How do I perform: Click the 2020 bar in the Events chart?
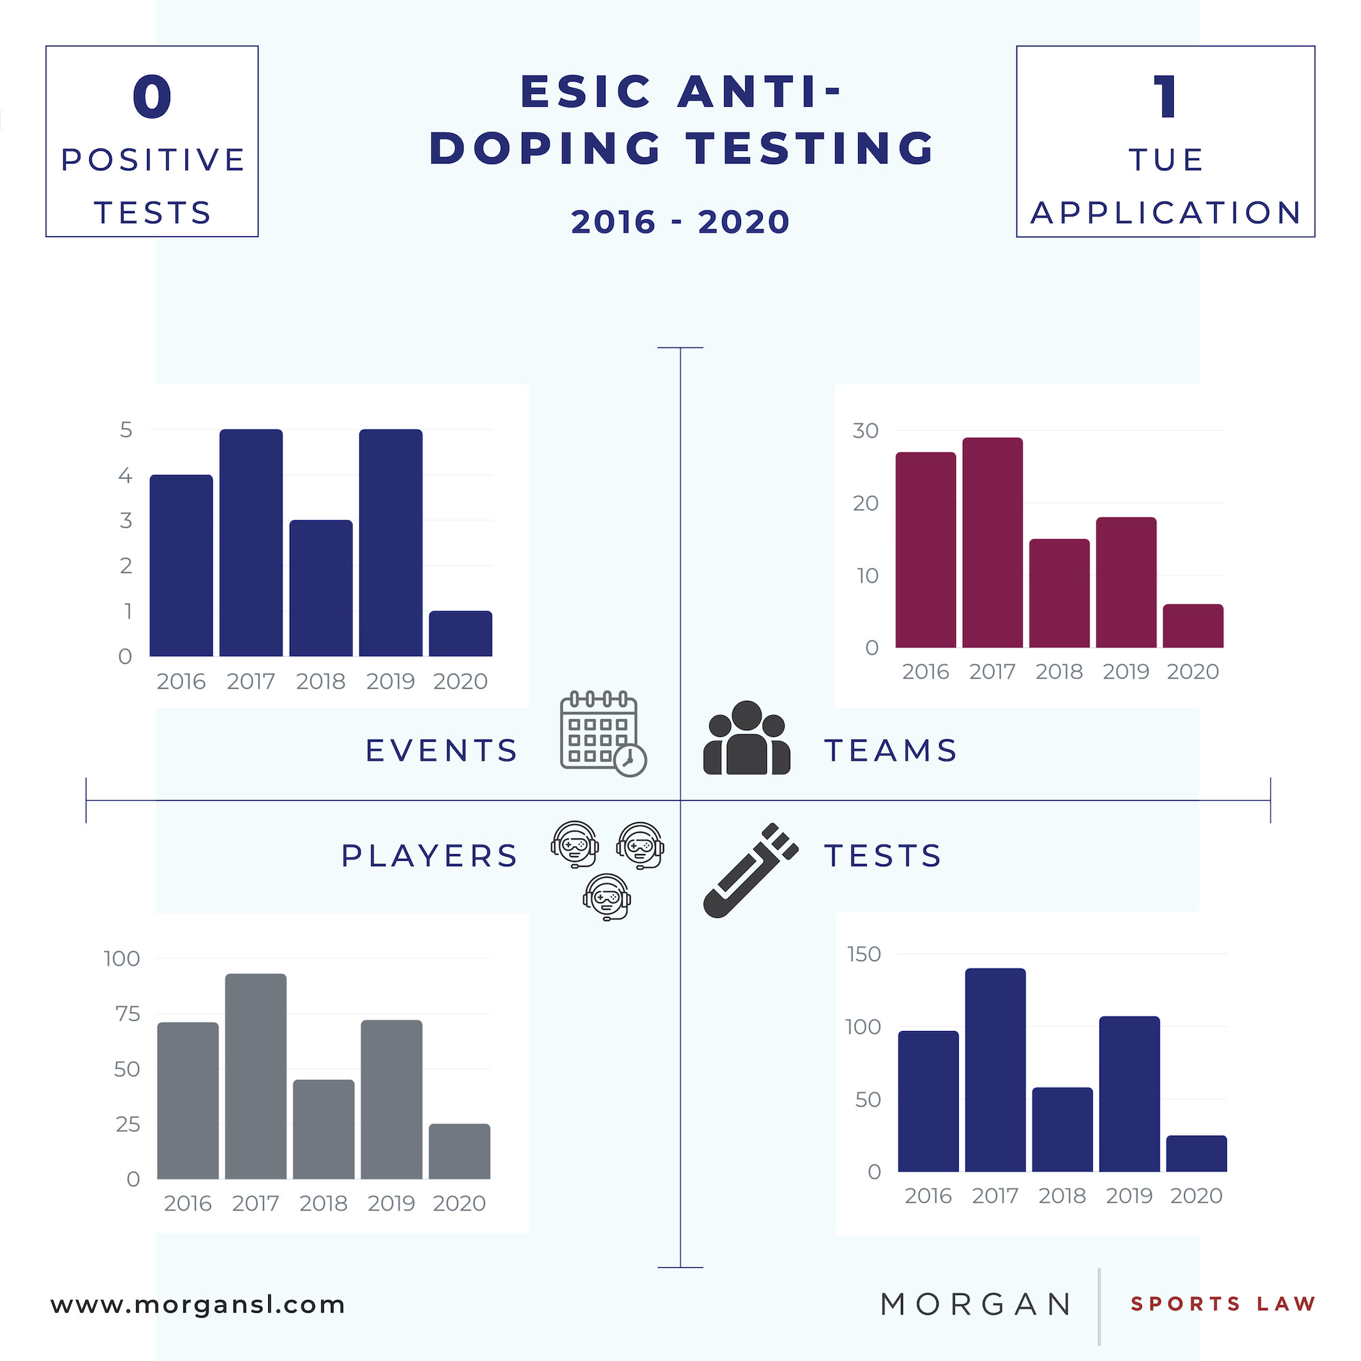click(460, 634)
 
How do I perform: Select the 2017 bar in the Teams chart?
click(992, 542)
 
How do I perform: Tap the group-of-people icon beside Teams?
click(747, 738)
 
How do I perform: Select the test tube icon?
click(749, 870)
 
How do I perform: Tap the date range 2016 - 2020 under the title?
click(680, 222)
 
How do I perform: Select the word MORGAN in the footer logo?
click(976, 1305)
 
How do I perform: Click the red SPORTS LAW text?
click(1223, 1304)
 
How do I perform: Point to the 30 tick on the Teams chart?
click(865, 431)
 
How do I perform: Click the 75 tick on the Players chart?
click(127, 1014)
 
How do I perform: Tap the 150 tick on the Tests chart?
click(864, 954)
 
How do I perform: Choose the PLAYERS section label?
click(429, 856)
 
